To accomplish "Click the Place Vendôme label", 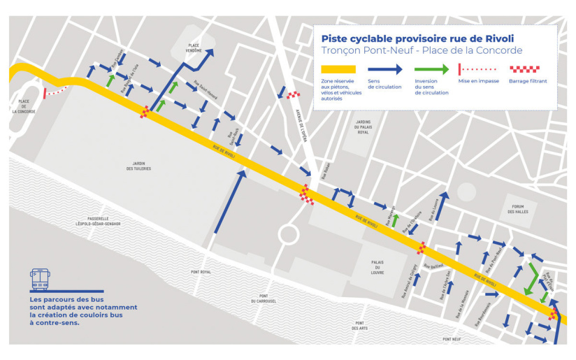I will [x=194, y=48].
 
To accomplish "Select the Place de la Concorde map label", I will [x=23, y=106].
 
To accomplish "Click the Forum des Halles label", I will [x=518, y=209].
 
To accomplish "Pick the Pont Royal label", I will [x=201, y=272].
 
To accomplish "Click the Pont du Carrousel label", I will [x=263, y=298].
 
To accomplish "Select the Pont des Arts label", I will [x=361, y=325].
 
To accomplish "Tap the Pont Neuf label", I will [x=452, y=339].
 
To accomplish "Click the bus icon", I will [x=40, y=279].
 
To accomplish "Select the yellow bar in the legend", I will [x=338, y=69].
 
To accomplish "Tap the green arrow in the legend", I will [x=431, y=69].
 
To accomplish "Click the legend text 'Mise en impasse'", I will [x=477, y=81].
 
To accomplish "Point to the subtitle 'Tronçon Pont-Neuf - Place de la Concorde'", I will [x=422, y=51].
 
